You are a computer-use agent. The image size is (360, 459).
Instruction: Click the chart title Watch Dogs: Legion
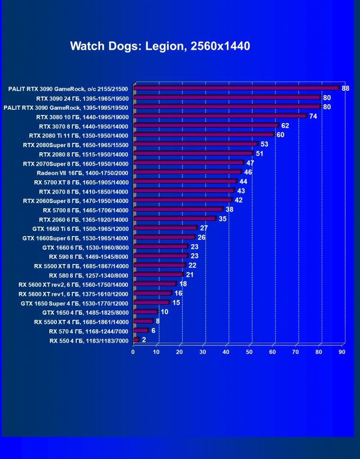[x=160, y=46]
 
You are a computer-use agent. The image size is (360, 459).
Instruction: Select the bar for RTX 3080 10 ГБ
[x=220, y=116]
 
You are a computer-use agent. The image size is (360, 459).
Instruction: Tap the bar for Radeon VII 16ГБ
[x=188, y=172]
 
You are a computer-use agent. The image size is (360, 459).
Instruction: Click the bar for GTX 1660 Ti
[x=165, y=228]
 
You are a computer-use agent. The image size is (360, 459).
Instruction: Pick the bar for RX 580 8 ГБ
[x=158, y=275]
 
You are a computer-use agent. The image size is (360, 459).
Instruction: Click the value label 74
[x=313, y=116]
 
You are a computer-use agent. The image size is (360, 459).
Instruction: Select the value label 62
[x=285, y=125]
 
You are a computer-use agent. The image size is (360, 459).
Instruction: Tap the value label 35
[x=222, y=219]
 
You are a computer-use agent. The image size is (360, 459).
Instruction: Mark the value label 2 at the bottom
[x=144, y=340]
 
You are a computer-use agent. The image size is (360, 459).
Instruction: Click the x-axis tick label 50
[x=249, y=352]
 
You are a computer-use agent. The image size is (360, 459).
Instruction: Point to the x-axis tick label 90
[x=342, y=352]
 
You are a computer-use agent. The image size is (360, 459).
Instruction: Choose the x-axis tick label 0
[x=134, y=352]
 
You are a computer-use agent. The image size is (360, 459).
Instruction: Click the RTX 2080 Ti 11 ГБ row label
[x=83, y=135]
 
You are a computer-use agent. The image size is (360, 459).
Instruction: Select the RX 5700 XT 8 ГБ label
[x=81, y=182]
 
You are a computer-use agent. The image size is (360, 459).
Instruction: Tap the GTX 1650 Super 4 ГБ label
[x=74, y=303]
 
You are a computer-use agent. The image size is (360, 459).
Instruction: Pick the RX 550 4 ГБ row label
[x=89, y=340]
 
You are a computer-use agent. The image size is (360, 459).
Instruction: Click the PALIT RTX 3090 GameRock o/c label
[x=68, y=88]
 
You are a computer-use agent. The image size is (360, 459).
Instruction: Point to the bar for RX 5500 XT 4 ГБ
[x=143, y=322]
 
